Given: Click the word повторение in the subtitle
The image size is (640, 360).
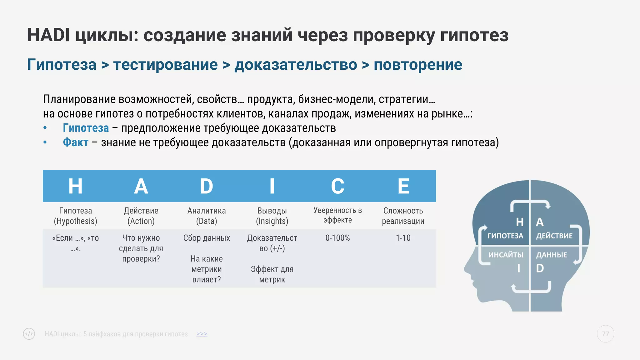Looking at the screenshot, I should point(418,65).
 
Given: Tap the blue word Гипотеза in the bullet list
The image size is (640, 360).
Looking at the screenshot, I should point(86,128).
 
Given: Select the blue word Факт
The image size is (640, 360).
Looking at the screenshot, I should point(76,142).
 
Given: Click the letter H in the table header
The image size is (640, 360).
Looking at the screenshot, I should point(75,186).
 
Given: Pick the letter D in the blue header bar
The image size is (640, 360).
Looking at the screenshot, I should point(207,186).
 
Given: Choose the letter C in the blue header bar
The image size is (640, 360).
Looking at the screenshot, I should point(337,186).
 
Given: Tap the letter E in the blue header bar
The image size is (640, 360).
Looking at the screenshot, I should point(403,186).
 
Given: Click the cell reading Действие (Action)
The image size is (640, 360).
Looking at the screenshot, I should point(141,216).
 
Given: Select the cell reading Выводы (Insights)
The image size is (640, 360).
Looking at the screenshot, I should point(272,216).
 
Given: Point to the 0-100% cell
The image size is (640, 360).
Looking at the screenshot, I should point(337,238).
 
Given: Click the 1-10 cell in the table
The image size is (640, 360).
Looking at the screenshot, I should point(403,238).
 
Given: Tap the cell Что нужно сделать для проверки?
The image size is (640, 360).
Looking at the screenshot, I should point(141,248).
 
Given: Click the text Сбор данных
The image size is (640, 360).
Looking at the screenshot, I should point(207,238).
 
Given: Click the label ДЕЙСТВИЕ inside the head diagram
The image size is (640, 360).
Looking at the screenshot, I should point(554,236).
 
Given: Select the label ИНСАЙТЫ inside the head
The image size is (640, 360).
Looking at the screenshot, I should point(506,255).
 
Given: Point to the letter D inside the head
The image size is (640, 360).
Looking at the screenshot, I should point(540,268).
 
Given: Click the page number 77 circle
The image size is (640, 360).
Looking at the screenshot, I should point(605,334).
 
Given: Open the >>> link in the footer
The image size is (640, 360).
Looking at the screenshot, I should point(202,334).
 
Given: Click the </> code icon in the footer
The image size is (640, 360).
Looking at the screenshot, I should point(29,334).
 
